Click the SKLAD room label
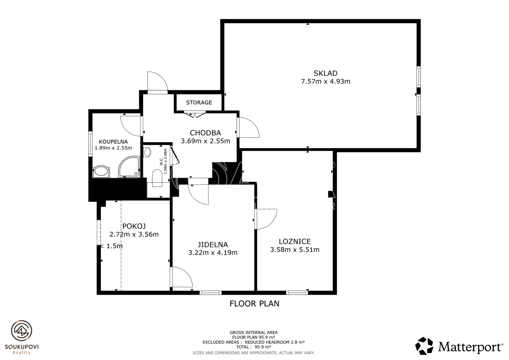[325, 73]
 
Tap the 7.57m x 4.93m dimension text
[325, 81]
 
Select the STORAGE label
[199, 102]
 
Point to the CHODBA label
[205, 133]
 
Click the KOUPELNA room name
[113, 142]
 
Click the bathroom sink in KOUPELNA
[101, 171]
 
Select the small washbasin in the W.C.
[147, 152]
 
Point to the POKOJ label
[134, 226]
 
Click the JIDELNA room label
[213, 244]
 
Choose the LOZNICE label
[295, 241]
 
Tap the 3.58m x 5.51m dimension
[295, 250]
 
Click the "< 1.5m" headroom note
[111, 246]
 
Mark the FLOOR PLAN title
[254, 304]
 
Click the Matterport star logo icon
[424, 346]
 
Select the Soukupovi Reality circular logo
[22, 331]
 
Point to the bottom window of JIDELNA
[210, 293]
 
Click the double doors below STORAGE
[195, 114]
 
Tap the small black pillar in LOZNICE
[330, 194]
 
